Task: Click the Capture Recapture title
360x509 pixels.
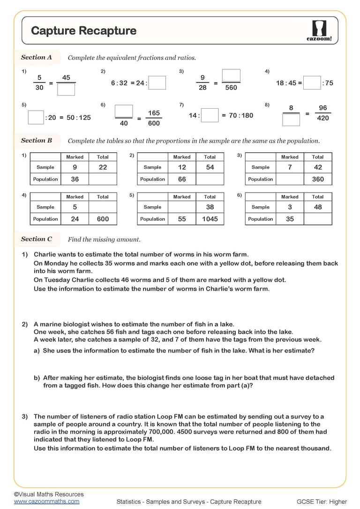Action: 83,31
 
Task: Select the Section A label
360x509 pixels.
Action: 37,57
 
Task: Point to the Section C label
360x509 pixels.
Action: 37,239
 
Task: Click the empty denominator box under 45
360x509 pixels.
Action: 66,89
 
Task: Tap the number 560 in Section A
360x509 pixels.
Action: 231,88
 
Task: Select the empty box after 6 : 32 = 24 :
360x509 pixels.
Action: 157,83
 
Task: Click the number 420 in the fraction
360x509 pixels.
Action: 323,118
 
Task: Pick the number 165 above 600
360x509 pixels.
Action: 154,113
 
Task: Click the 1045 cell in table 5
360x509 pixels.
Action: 210,219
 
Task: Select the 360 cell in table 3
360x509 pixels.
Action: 318,179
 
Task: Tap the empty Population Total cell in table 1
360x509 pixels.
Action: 103,179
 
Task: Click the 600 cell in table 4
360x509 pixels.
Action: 103,219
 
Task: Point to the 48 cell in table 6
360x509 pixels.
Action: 318,207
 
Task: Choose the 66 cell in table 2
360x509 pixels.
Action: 182,179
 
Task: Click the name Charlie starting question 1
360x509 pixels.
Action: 45,254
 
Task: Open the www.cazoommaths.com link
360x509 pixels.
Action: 46,501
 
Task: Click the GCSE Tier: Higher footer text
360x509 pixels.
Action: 322,502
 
